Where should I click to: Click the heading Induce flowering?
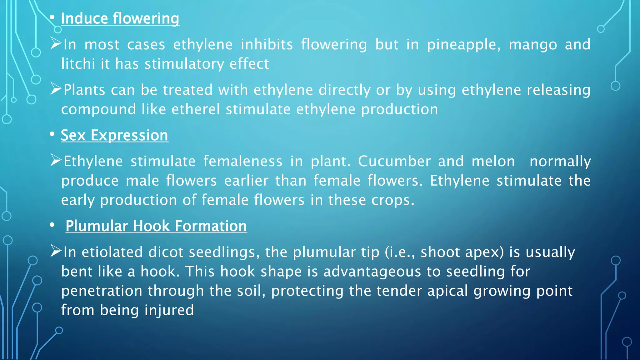coord(120,19)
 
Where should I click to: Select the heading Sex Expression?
coord(114,136)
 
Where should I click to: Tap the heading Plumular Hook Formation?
coord(156,226)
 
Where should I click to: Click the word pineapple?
coord(463,45)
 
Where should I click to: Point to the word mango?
coord(533,45)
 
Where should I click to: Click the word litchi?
coord(78,64)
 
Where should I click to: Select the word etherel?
coord(196,110)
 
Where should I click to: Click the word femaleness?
coord(243,162)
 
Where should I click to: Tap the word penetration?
coord(102,291)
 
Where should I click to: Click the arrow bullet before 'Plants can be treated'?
coord(56,89)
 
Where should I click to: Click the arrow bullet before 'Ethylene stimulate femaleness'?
coord(56,160)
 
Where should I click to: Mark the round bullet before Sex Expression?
coord(52,134)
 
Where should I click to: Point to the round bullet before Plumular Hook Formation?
coord(52,225)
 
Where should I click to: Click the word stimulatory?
coord(184,64)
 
